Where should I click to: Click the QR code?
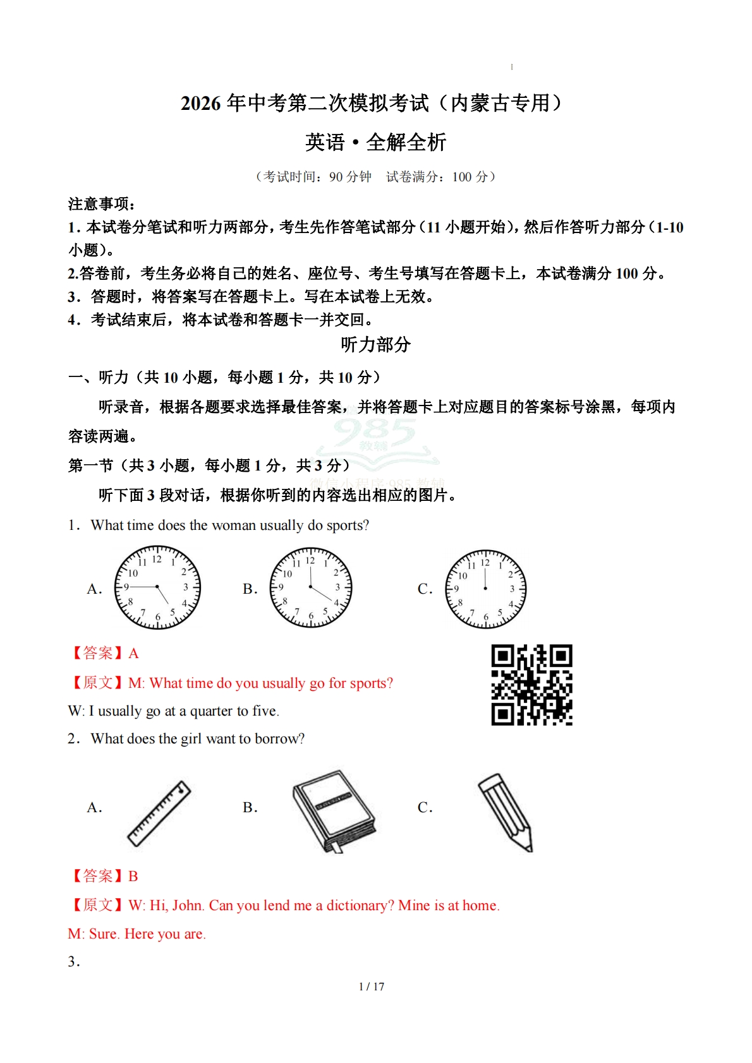tap(531, 685)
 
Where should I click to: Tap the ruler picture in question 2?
tap(159, 813)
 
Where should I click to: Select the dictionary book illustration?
tap(334, 812)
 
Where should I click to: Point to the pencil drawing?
tap(506, 812)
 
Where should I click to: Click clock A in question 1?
tap(157, 588)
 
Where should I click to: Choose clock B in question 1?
tap(310, 587)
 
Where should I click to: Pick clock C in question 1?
tap(485, 589)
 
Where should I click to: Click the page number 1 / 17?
tap(372, 987)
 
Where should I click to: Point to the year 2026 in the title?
tap(201, 103)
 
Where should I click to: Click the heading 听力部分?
tap(375, 344)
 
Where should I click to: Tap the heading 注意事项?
tap(101, 203)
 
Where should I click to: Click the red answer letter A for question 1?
tap(133, 653)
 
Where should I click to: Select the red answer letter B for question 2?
tap(133, 876)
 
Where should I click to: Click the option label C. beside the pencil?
tap(425, 807)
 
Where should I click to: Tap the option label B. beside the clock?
tap(250, 589)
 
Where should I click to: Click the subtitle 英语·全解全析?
tap(375, 142)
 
